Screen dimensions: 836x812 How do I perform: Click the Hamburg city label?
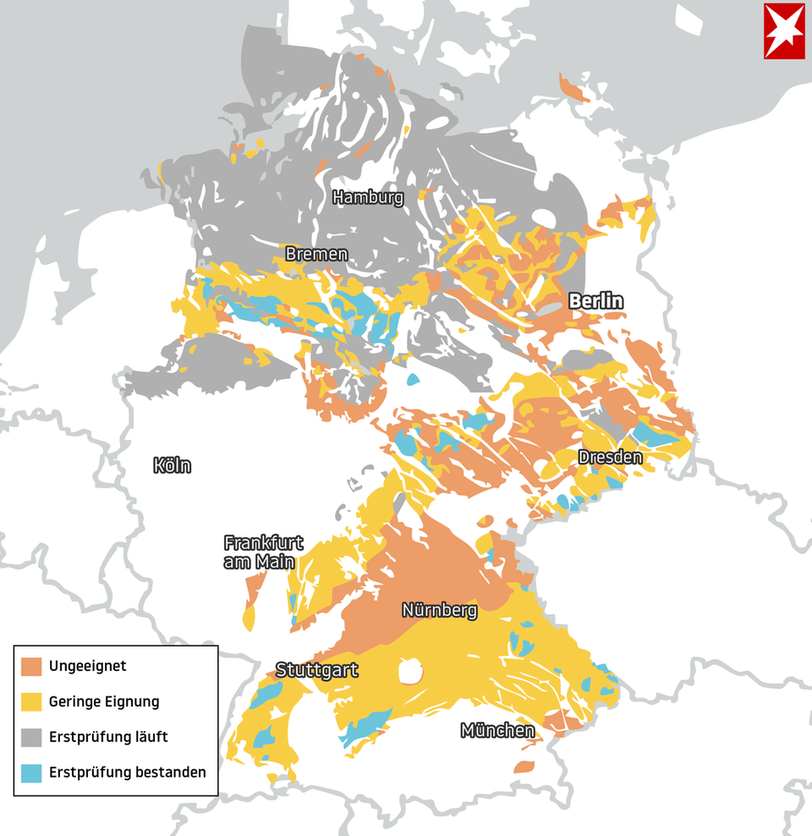[x=368, y=197]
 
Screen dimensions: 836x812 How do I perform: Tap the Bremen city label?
[x=316, y=254]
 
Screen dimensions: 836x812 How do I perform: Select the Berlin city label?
[x=595, y=300]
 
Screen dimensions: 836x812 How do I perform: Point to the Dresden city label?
[x=610, y=457]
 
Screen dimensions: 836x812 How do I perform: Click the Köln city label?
[x=172, y=465]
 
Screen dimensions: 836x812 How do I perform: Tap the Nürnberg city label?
[x=439, y=610]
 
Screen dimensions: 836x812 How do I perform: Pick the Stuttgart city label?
[x=316, y=670]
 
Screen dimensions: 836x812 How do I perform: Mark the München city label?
[x=497, y=729]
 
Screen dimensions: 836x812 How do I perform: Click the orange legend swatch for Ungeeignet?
[x=32, y=666]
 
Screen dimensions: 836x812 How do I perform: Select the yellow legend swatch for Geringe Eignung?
[x=32, y=701]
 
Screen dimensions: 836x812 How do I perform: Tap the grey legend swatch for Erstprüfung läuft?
[x=32, y=737]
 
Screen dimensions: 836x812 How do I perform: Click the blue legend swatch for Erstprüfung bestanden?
[x=32, y=773]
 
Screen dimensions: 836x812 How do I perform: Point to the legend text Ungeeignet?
[x=87, y=666]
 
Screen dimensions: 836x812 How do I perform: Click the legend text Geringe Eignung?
[x=104, y=701]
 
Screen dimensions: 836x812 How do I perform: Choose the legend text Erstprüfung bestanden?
[x=127, y=773]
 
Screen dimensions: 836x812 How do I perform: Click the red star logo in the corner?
[x=784, y=31]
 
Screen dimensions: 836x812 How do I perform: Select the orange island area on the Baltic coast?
[x=574, y=88]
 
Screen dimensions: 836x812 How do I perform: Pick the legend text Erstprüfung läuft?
[x=108, y=737]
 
